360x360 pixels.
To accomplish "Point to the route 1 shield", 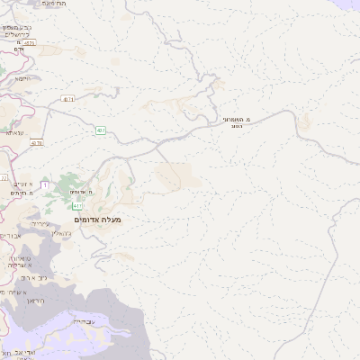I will point(44,184).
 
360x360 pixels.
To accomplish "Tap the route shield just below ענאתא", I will point(36,143).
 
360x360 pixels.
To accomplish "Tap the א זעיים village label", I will point(22,184).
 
